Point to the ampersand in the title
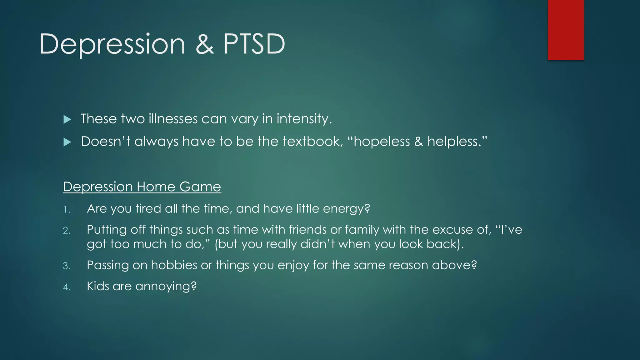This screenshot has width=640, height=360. coord(205,44)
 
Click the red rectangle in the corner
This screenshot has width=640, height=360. coord(566,30)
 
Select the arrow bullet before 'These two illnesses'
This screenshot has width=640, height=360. coord(67,119)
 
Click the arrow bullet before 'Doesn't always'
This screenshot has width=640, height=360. coord(67,142)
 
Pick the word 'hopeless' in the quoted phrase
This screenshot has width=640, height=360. coord(381,142)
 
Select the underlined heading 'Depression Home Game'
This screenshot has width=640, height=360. coord(142,187)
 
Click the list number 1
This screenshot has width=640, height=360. coord(66,209)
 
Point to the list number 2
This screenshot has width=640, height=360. coord(67,231)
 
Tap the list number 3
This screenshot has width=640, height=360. coord(67,266)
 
